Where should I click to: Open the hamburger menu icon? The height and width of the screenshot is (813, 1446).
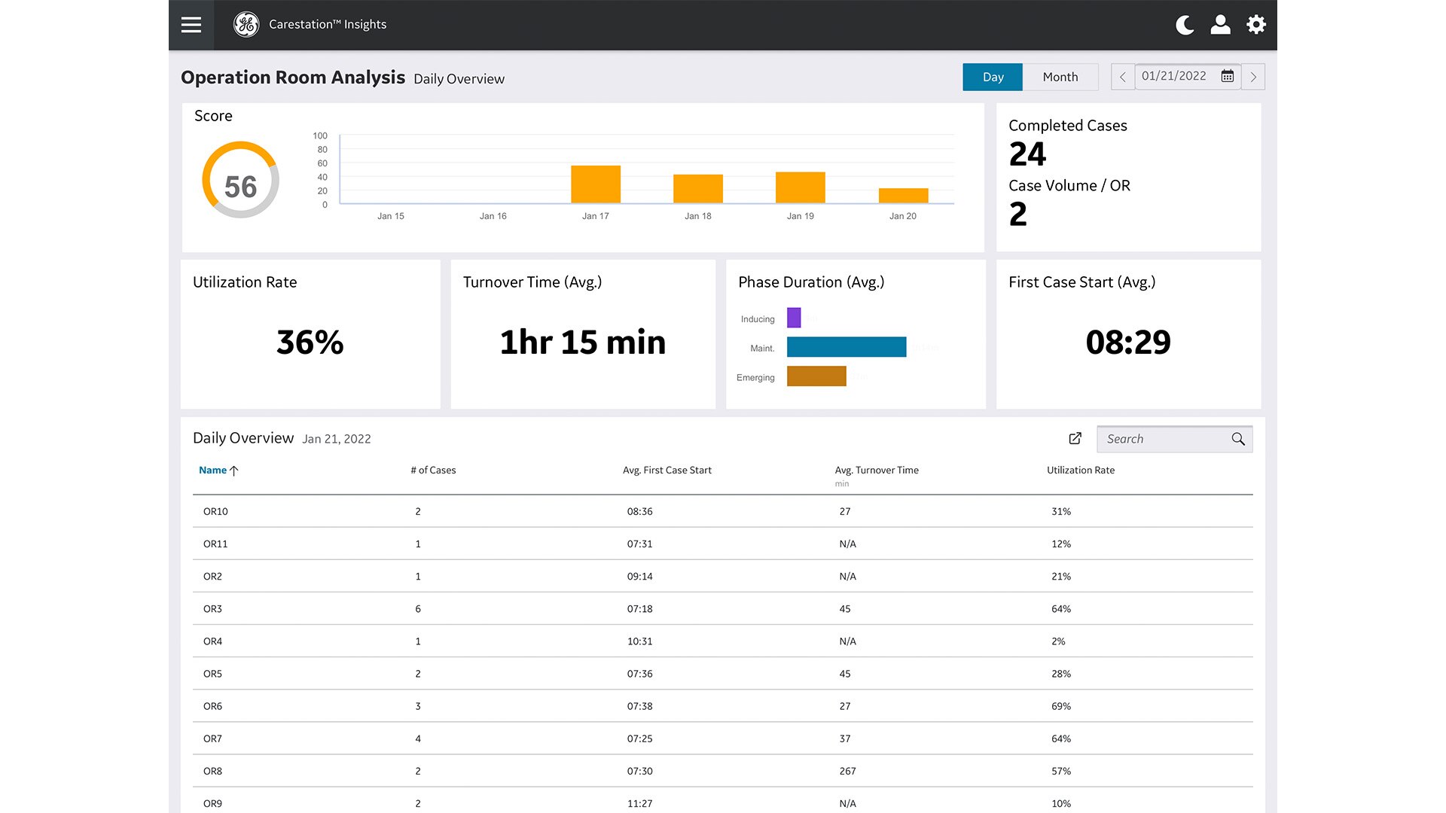coord(191,25)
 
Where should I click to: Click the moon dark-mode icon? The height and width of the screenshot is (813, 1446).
coord(1185,25)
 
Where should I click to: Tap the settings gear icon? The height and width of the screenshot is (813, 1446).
coord(1255,25)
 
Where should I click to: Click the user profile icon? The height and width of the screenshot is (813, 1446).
coord(1220,25)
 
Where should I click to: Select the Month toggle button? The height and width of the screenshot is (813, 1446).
coord(1060,77)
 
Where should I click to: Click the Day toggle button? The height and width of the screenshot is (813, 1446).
coord(993,77)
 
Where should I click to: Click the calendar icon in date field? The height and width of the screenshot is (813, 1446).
coord(1227,76)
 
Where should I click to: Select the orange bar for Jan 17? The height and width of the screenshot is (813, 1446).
coord(595,184)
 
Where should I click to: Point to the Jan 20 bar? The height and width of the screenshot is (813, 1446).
coord(903,196)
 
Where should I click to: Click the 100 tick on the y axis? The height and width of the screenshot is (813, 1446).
coord(320,136)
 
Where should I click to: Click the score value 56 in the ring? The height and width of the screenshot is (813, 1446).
coord(241,187)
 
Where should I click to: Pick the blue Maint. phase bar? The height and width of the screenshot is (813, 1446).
coord(846,347)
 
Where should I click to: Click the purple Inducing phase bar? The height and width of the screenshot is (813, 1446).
coord(794,318)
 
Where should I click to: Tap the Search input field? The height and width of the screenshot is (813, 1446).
coord(1164,439)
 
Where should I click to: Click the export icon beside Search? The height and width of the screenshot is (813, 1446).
coord(1075,438)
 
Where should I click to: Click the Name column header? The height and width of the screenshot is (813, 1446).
coord(213,470)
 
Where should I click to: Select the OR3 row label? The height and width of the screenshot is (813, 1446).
coord(212,609)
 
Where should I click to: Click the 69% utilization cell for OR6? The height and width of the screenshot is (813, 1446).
coord(1060,707)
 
